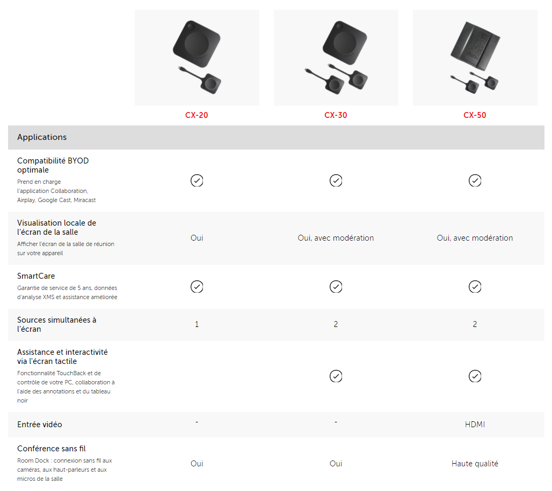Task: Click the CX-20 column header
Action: pyautogui.click(x=197, y=115)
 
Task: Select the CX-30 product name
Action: pyautogui.click(x=336, y=115)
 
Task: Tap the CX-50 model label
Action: pyautogui.click(x=475, y=115)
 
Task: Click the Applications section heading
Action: pyautogui.click(x=42, y=137)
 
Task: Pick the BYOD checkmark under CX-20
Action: pyautogui.click(x=197, y=180)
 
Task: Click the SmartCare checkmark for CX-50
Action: pyautogui.click(x=475, y=286)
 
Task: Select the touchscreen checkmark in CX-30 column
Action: pyautogui.click(x=336, y=376)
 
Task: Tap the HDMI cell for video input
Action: pyautogui.click(x=475, y=424)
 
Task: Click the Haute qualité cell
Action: pyautogui.click(x=475, y=464)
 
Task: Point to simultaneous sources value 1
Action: pyautogui.click(x=197, y=324)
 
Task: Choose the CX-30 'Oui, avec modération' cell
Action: pyautogui.click(x=336, y=238)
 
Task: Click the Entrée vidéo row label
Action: pyautogui.click(x=39, y=425)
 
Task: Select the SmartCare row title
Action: pyautogui.click(x=36, y=276)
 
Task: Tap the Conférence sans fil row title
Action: pyautogui.click(x=52, y=449)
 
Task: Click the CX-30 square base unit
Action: pyautogui.click(x=345, y=43)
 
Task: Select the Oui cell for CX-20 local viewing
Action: pyautogui.click(x=197, y=238)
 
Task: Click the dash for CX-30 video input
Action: pyautogui.click(x=336, y=422)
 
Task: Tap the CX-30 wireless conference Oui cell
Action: pyautogui.click(x=336, y=464)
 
